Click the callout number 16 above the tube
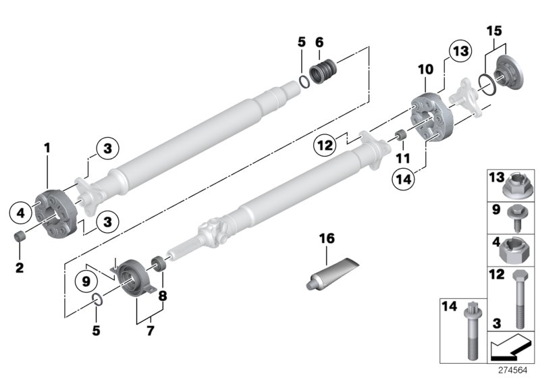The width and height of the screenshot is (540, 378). [327, 239]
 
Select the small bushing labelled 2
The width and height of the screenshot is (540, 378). [20, 239]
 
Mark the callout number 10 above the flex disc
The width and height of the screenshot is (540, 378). [425, 70]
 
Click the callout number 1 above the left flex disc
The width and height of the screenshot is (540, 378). [47, 146]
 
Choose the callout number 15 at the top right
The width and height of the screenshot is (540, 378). [494, 31]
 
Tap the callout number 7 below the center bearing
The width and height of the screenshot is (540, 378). [150, 331]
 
